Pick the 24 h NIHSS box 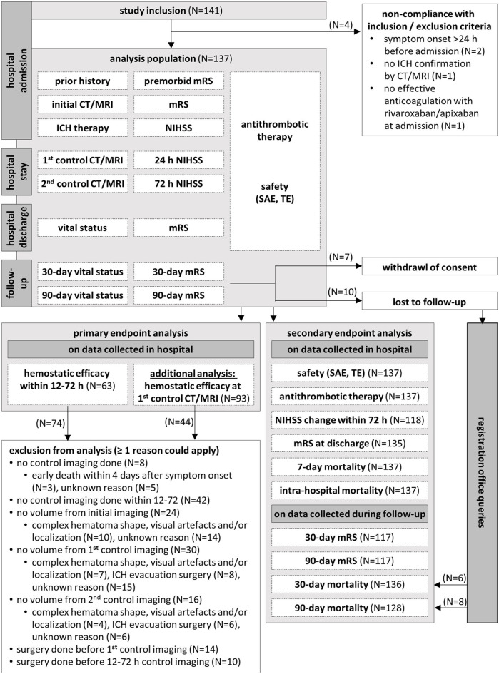[178, 160]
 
